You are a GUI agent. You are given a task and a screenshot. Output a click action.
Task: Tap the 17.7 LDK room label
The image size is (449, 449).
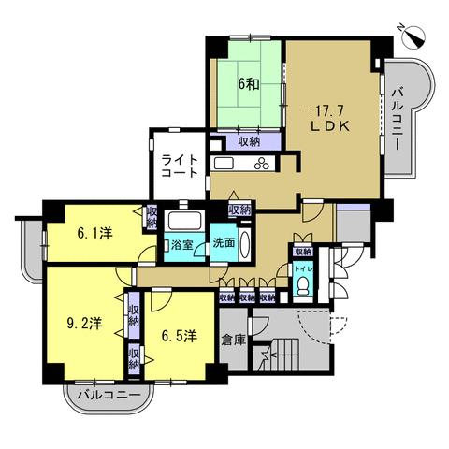[330, 118]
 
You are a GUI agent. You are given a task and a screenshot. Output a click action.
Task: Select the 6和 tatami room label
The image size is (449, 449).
[249, 84]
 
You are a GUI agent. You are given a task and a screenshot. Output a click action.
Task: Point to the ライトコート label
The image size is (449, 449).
[180, 167]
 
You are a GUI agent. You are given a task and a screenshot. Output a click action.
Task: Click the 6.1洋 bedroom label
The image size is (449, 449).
[94, 233]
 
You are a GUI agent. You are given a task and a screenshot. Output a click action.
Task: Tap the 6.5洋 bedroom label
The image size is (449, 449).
[180, 336]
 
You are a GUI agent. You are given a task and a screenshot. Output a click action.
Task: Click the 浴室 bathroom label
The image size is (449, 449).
[181, 245]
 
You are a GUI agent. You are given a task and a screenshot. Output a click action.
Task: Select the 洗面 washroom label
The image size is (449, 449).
[224, 243]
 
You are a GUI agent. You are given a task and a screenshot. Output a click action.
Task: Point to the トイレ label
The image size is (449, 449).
[302, 268]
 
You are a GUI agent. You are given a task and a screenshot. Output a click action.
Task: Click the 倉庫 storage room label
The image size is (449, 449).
[234, 340]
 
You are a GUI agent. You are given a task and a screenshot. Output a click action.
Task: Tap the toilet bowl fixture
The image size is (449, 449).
[302, 286]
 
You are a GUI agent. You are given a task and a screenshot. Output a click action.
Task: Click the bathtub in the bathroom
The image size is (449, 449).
[184, 221]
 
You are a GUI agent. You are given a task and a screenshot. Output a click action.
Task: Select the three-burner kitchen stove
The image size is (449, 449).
[262, 164]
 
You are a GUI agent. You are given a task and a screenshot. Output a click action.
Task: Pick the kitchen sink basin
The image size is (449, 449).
[223, 164]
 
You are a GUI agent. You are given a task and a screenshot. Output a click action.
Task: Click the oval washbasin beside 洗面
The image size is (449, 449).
[245, 244]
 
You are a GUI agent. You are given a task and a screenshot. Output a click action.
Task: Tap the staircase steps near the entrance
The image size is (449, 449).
[285, 355]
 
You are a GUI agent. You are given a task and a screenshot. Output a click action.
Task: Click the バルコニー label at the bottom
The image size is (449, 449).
[109, 395]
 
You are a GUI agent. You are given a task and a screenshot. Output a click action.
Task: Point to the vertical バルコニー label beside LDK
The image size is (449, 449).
[398, 120]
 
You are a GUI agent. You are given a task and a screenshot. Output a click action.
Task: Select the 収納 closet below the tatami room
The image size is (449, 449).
[249, 142]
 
